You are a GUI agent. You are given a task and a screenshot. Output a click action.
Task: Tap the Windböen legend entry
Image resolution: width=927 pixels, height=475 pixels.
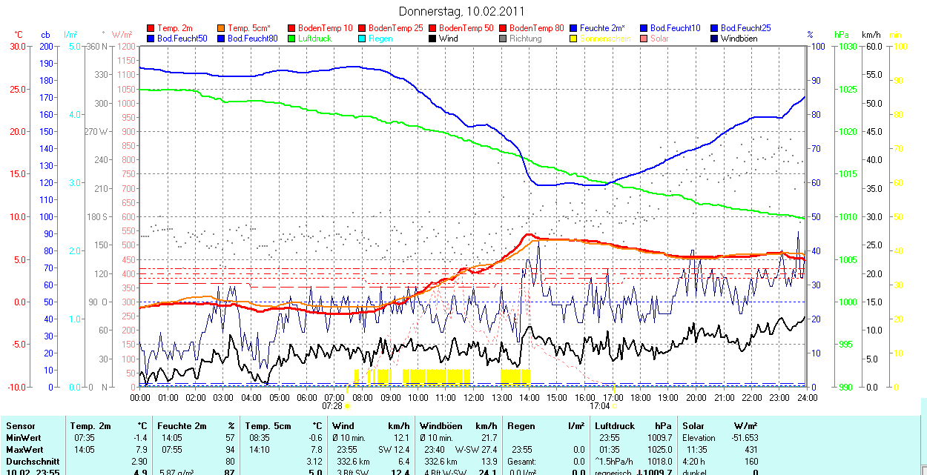tap(739, 38)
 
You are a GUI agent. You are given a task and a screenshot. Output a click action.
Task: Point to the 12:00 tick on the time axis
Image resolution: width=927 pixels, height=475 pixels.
tap(474, 397)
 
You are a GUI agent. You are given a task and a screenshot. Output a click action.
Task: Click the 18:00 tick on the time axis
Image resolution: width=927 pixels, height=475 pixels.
tap(640, 397)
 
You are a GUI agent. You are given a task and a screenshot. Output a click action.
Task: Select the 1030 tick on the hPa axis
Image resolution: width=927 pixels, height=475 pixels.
tap(845, 47)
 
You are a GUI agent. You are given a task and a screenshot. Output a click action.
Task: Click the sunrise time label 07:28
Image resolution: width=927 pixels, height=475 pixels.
tap(331, 406)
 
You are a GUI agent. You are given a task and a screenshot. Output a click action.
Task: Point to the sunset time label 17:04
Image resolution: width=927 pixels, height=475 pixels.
tap(598, 406)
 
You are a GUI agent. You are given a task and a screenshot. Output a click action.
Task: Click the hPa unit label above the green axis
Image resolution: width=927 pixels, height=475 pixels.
tap(841, 35)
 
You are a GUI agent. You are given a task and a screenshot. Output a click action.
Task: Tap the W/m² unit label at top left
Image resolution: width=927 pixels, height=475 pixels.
tap(122, 35)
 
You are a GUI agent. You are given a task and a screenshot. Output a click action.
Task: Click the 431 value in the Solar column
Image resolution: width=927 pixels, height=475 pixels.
tap(751, 450)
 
